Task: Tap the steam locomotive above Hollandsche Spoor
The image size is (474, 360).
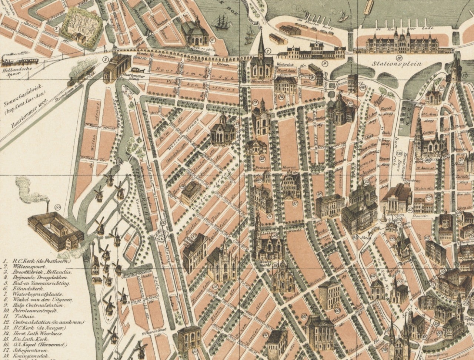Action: (20, 61)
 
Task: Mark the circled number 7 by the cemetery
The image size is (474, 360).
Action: (56, 28)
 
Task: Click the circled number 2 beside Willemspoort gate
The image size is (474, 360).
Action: (105, 59)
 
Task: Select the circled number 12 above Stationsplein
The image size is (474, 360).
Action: (399, 57)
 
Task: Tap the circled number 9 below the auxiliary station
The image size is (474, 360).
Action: (324, 63)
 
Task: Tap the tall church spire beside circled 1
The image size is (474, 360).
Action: (261, 44)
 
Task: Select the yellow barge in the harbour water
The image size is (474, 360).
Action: (368, 7)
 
